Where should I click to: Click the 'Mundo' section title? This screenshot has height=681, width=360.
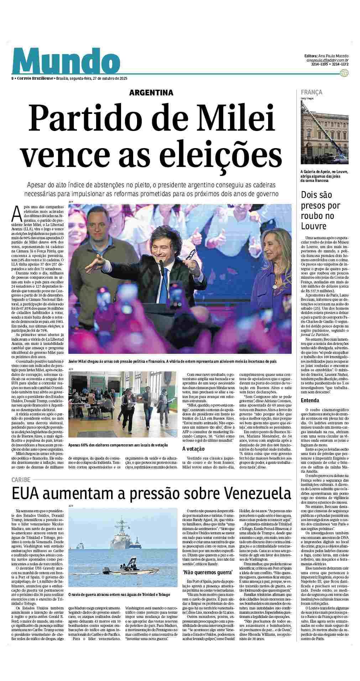pyautogui.click(x=66, y=61)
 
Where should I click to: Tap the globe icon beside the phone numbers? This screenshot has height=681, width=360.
pyautogui.click(x=344, y=73)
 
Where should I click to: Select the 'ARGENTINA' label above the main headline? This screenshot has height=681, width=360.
pyautogui.click(x=151, y=93)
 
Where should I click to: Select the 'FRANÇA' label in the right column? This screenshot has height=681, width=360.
pyautogui.click(x=312, y=92)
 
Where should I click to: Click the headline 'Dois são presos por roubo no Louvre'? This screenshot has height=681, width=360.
pyautogui.click(x=316, y=210)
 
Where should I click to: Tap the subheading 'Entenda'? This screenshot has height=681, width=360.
pyautogui.click(x=310, y=400)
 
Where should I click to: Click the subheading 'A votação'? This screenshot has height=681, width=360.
pyautogui.click(x=194, y=449)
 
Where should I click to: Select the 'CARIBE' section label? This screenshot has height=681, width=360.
pyautogui.click(x=21, y=480)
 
